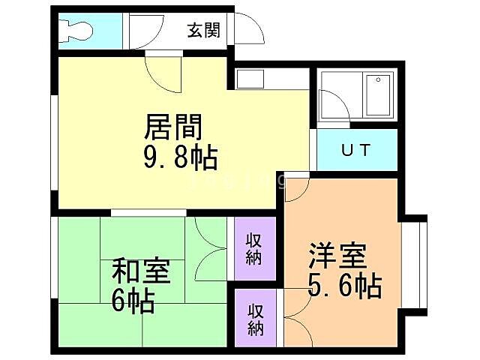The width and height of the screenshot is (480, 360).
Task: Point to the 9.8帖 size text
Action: pyautogui.click(x=180, y=157)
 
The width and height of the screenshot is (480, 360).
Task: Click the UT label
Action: pyautogui.click(x=356, y=149)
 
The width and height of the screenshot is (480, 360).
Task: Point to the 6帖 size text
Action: pyautogui.click(x=133, y=301)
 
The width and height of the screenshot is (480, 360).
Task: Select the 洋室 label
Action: pyautogui.click(x=337, y=256)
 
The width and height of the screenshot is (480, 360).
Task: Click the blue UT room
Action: pyautogui.click(x=356, y=150)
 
